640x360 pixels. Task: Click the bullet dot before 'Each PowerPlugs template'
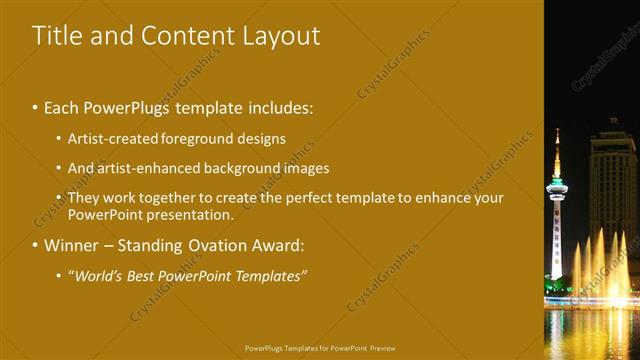tap(36, 106)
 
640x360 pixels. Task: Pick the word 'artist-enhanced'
tap(147, 168)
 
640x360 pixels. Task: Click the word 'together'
tap(169, 197)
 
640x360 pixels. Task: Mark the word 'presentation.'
tap(187, 214)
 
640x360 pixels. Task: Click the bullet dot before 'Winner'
tap(36, 245)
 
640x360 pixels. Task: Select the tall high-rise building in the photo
tap(612, 190)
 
